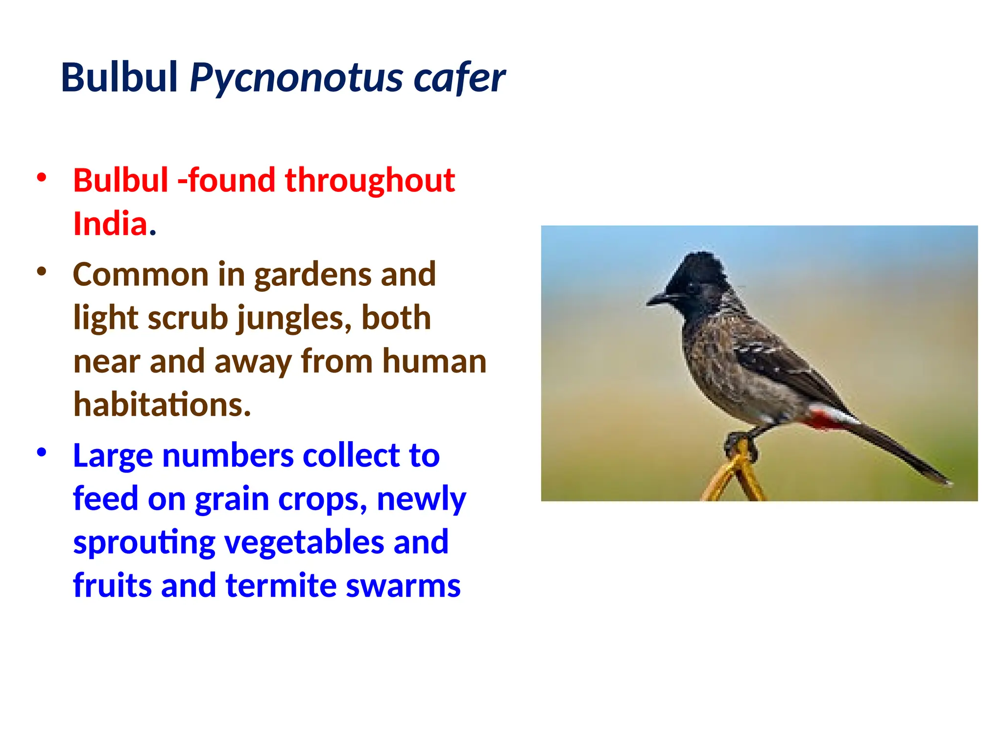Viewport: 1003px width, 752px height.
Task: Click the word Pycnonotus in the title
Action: (297, 78)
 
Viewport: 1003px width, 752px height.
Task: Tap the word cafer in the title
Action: (459, 78)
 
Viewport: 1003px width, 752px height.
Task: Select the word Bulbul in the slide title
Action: (119, 78)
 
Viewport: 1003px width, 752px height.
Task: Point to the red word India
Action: (110, 224)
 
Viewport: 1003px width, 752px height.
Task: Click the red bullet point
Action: (42, 177)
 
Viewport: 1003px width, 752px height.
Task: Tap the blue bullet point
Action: (42, 452)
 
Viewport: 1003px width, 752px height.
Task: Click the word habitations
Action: (162, 405)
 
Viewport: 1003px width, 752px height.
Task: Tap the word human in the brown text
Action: (434, 361)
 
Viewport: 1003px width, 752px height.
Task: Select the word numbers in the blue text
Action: (228, 455)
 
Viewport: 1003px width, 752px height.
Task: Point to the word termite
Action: (281, 586)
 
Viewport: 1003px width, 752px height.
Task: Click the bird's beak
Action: (658, 298)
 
